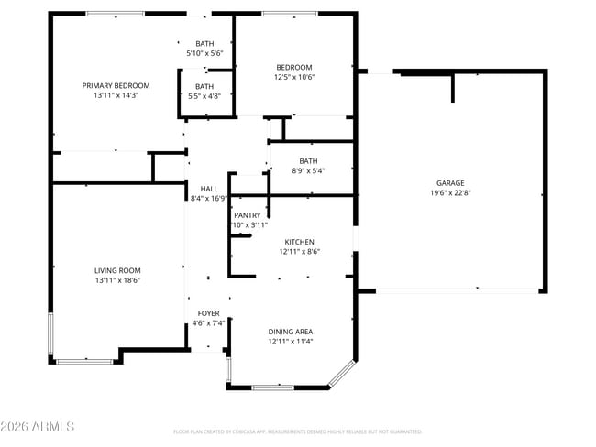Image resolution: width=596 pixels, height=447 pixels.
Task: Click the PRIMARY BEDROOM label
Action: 116,85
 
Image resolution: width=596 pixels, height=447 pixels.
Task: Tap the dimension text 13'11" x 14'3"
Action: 116,95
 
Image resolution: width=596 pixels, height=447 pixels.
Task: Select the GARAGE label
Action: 448,183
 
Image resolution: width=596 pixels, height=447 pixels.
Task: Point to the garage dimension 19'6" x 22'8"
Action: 448,193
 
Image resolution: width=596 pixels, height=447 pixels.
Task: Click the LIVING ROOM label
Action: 116,270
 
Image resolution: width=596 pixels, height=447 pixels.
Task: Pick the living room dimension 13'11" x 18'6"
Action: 116,280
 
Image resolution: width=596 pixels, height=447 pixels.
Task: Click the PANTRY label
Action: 247,215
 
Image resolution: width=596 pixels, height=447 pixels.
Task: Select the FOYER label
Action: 208,313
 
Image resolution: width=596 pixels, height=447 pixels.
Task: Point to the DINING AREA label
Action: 291,332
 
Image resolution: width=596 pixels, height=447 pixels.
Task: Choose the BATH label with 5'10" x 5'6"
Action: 204,44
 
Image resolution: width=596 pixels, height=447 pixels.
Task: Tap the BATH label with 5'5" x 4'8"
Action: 204,86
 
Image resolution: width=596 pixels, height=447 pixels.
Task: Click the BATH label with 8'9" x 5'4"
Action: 307,161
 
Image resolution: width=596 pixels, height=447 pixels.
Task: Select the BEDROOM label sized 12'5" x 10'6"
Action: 294,67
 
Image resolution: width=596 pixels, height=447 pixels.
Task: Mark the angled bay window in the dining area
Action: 341,372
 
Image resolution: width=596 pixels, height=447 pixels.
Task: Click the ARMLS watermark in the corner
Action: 39,427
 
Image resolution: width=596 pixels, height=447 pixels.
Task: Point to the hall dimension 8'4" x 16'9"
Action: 208,198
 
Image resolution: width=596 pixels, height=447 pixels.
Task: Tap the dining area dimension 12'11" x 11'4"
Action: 291,342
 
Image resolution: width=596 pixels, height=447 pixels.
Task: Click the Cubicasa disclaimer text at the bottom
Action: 297,431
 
